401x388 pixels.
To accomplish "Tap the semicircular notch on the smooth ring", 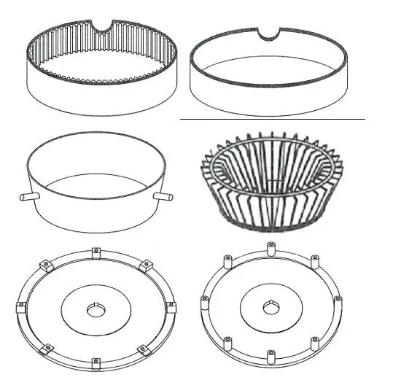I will (270, 34).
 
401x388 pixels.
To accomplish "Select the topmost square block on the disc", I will (96, 254).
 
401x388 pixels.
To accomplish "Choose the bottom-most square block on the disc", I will (96, 361).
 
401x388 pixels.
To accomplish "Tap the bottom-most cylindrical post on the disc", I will (271, 355).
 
